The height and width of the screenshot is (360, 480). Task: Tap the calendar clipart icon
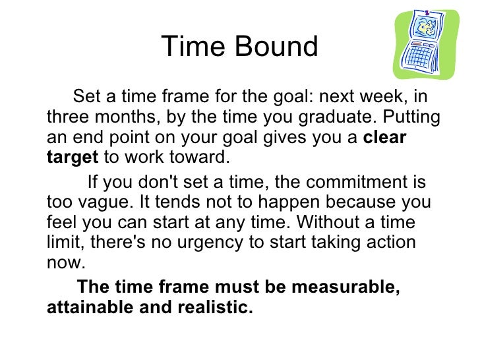click(425, 44)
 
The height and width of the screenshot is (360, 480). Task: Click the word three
click(66, 118)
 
